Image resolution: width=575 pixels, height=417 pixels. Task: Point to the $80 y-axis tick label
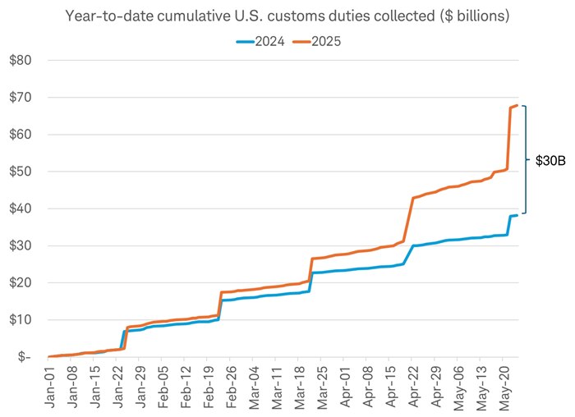[21, 60]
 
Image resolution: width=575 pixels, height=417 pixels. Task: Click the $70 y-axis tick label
[21, 97]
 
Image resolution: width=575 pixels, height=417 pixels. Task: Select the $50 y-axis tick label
[21, 172]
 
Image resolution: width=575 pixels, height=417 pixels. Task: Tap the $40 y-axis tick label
[21, 208]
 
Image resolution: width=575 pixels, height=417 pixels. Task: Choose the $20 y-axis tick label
[21, 282]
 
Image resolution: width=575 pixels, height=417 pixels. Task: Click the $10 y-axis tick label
[21, 320]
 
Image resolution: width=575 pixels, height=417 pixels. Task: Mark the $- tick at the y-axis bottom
[24, 357]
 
